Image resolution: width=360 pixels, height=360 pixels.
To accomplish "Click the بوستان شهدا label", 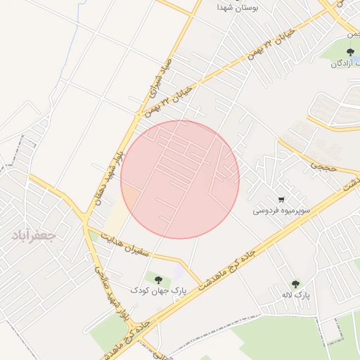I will tap(239, 6).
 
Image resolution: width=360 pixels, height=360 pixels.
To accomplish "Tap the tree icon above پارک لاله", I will tap(295, 284).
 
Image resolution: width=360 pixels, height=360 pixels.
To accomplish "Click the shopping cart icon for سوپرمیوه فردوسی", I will tap(281, 200).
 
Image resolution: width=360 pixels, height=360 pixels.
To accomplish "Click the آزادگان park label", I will tap(345, 63).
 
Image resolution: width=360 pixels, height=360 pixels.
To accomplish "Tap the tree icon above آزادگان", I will tap(350, 51).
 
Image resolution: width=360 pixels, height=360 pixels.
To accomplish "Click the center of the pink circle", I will tap(180, 179).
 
